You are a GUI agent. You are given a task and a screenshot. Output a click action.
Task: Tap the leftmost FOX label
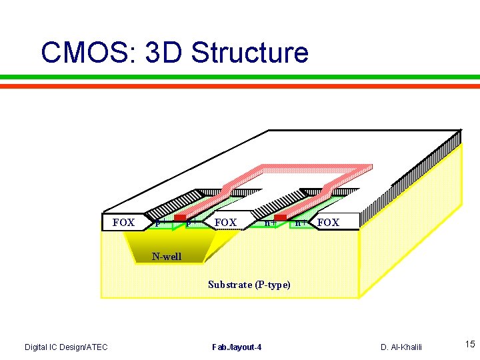click(123, 223)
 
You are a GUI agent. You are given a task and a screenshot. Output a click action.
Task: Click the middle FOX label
click(225, 222)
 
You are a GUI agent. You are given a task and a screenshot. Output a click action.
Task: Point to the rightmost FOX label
click(328, 223)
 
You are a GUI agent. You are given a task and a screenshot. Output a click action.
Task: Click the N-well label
click(166, 257)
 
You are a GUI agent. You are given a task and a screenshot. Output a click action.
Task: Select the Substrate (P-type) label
click(249, 285)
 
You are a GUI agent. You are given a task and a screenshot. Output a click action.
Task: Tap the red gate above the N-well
click(179, 218)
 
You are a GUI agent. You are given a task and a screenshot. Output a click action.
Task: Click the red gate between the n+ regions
click(280, 218)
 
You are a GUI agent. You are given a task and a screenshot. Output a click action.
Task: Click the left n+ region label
click(269, 223)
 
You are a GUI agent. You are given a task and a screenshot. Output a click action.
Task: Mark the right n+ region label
click(301, 223)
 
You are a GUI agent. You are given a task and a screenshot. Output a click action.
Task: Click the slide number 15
click(469, 345)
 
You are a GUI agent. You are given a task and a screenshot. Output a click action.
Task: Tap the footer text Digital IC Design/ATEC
click(66, 347)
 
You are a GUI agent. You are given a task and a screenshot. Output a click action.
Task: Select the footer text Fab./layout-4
click(237, 347)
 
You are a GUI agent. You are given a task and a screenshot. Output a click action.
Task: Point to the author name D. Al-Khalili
click(401, 347)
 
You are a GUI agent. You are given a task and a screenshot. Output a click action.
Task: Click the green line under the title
click(240, 77)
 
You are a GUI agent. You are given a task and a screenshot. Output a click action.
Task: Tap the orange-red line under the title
click(240, 85)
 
